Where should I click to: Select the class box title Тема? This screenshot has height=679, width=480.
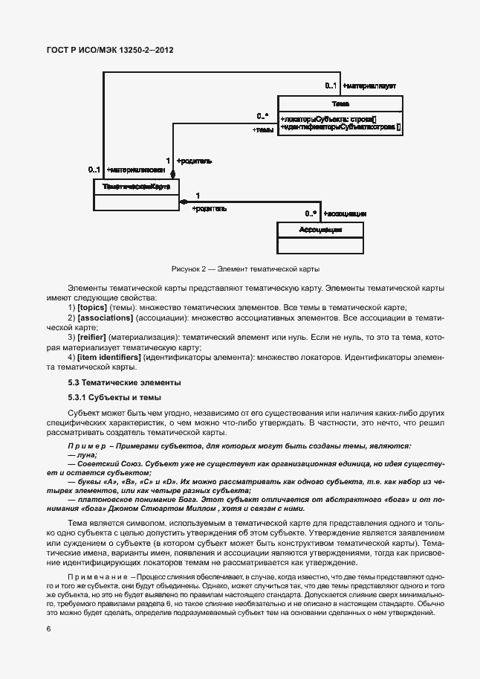[x=341, y=104]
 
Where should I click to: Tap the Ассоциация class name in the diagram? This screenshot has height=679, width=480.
[x=320, y=230]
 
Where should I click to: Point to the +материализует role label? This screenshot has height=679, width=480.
[x=369, y=86]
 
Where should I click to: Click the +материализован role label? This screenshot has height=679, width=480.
[x=131, y=170]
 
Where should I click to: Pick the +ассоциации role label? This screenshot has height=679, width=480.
[x=345, y=213]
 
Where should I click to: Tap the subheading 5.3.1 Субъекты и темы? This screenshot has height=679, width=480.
[x=114, y=397]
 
